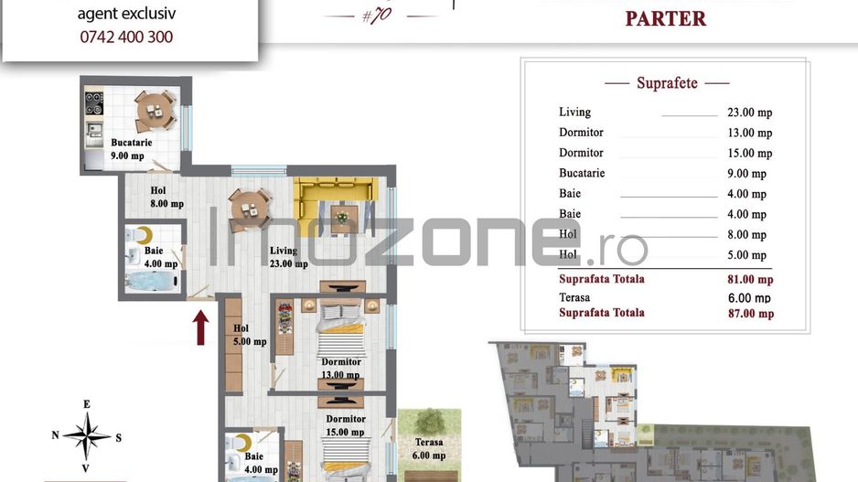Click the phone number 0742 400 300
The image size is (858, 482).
tap(125, 37)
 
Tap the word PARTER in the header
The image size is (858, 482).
tap(665, 18)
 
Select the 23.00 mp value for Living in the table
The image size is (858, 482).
tap(749, 112)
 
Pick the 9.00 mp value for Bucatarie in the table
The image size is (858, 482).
tap(746, 174)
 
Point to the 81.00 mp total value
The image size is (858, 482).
tap(750, 280)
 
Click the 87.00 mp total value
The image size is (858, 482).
tap(750, 314)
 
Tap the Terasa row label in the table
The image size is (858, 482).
tap(574, 297)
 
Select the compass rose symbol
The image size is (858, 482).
tap(86, 436)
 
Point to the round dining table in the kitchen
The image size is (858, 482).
tap(155, 112)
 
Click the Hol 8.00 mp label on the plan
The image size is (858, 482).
tap(166, 198)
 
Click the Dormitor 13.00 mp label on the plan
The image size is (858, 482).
tap(340, 368)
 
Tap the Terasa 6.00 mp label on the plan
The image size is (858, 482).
tap(428, 448)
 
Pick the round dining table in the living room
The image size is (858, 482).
tap(249, 208)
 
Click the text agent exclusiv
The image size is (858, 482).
tap(125, 14)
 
